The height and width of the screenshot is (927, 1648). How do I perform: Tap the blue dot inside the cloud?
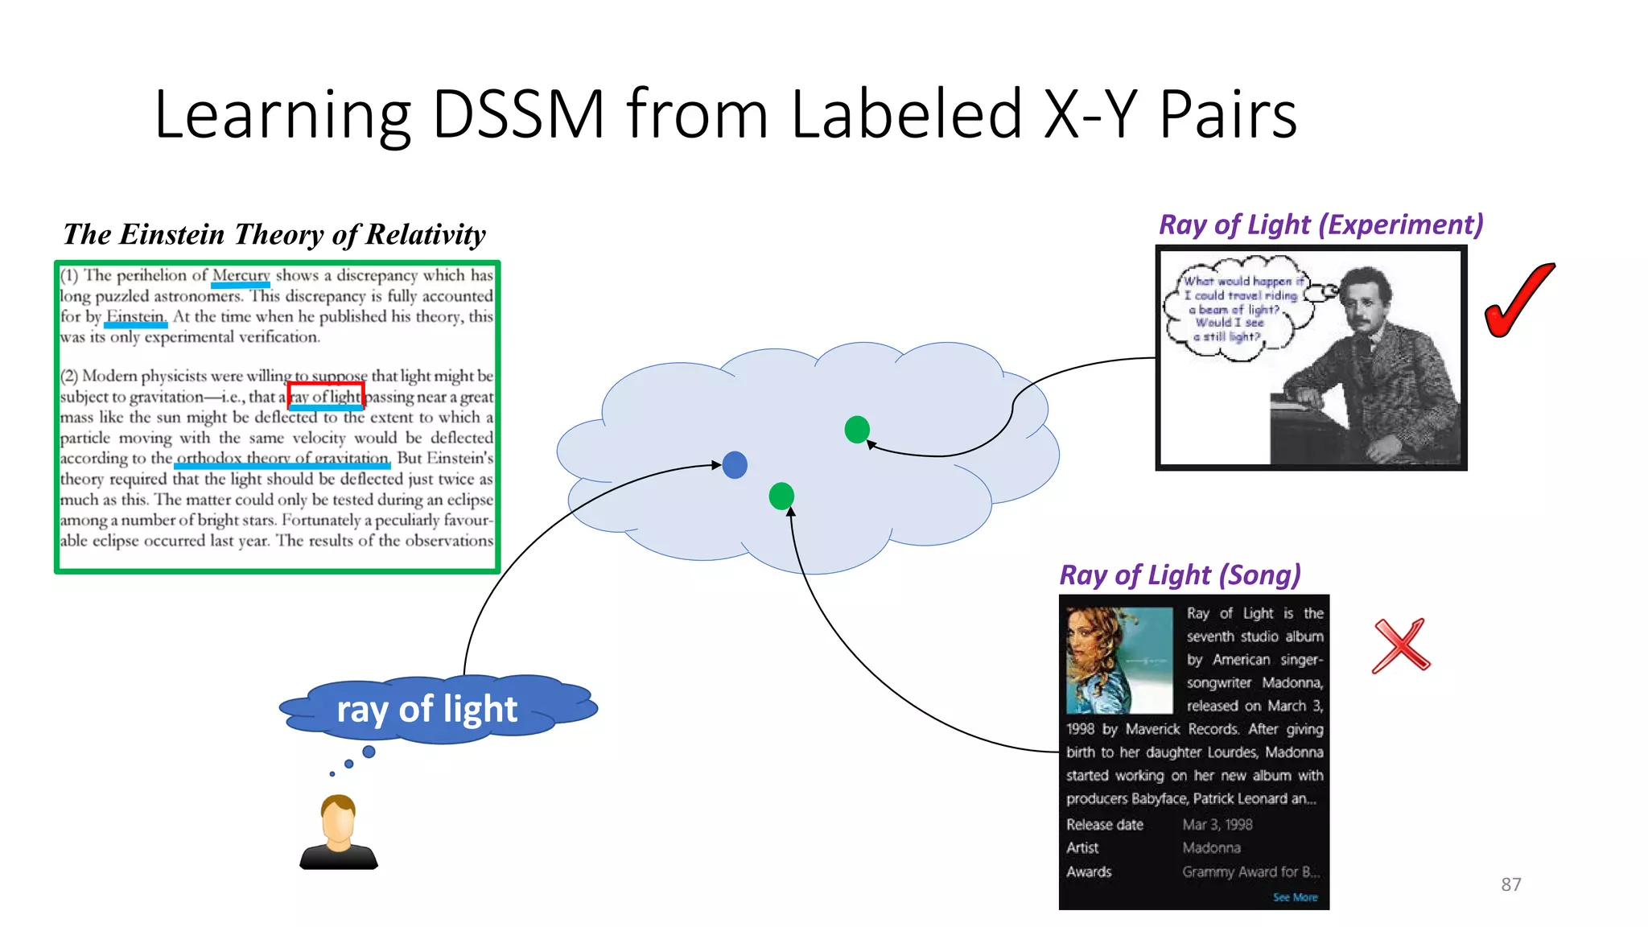(735, 465)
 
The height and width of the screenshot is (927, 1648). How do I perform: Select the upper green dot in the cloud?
(857, 430)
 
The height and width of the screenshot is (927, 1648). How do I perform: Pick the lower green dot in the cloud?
(781, 496)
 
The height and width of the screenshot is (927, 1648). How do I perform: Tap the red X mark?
(1401, 645)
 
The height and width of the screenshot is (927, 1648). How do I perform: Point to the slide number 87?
(1510, 884)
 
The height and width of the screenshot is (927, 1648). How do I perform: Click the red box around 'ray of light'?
(326, 396)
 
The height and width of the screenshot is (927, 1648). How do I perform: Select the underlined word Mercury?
(241, 276)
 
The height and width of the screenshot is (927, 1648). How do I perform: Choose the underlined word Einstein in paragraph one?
(135, 316)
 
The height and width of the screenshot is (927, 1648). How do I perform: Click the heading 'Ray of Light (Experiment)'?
(1320, 225)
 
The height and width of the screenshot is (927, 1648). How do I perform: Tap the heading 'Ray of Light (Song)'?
(1180, 575)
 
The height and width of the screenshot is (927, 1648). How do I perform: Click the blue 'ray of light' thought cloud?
(427, 709)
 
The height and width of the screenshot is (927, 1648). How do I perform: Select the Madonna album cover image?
(1119, 661)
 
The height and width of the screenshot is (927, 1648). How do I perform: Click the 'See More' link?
(1295, 897)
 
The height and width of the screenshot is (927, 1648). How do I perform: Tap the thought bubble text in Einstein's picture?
(1234, 309)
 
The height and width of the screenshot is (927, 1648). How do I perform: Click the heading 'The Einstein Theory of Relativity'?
(274, 234)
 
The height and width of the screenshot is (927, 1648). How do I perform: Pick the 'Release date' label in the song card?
(1104, 825)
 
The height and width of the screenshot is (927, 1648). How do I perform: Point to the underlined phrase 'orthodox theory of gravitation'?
(282, 458)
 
